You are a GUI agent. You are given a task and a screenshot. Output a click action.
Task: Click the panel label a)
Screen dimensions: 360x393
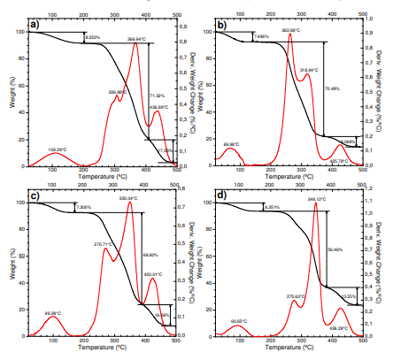pos(35,25)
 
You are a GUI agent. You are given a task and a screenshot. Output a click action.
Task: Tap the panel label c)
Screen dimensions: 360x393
pos(34,196)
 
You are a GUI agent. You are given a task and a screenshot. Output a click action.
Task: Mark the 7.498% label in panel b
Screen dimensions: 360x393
pos(261,37)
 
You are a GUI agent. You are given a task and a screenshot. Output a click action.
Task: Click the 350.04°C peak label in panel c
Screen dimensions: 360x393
pos(128,199)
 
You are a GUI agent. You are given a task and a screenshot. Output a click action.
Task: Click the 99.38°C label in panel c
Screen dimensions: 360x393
pos(55,314)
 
